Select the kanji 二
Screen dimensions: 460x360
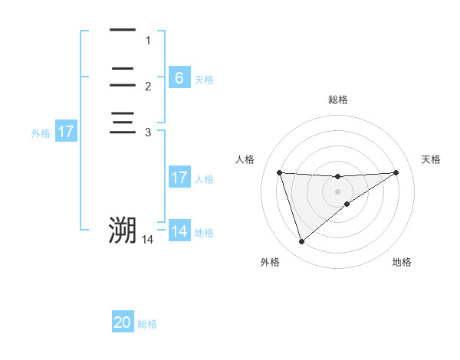(123, 77)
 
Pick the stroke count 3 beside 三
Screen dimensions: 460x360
(148, 133)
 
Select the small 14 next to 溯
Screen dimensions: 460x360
(147, 241)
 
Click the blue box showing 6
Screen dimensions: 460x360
(179, 78)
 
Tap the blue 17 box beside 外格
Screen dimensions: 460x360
(66, 132)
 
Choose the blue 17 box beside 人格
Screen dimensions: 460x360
(179, 178)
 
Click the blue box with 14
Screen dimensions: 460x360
(179, 231)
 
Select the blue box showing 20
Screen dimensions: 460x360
(123, 323)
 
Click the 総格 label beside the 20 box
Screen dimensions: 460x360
(147, 325)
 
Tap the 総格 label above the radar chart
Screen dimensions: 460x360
(337, 100)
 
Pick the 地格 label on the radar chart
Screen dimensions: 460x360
(402, 262)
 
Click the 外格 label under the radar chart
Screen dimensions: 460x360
(270, 262)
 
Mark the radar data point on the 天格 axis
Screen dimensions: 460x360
(396, 172)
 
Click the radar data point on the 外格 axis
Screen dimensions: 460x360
(301, 242)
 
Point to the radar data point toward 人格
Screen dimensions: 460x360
(280, 172)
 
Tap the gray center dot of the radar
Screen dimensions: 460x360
(337, 191)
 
